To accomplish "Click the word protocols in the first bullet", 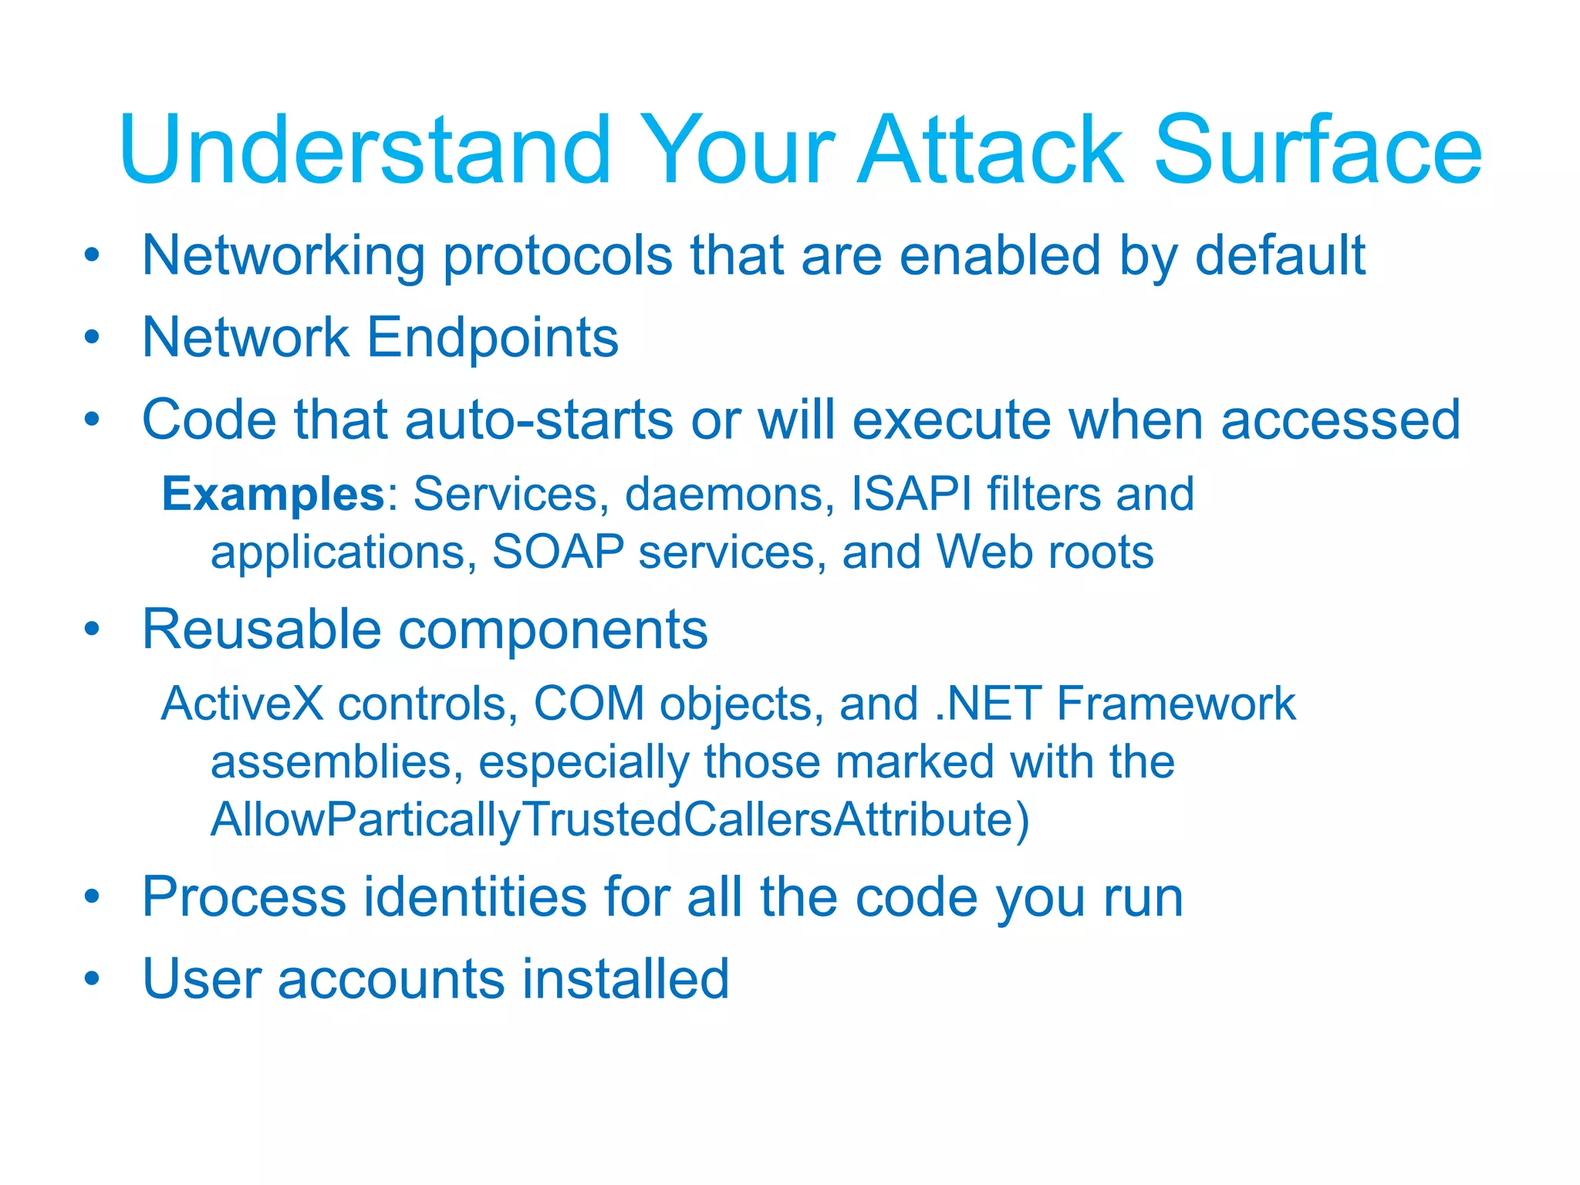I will tap(557, 258).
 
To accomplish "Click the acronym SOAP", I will tap(558, 552).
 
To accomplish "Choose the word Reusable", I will tap(262, 630).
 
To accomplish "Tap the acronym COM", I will tap(589, 704).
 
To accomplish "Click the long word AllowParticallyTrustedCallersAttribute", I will tap(620, 819).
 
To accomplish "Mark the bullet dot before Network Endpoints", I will tap(93, 337).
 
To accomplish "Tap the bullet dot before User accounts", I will tap(93, 978).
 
